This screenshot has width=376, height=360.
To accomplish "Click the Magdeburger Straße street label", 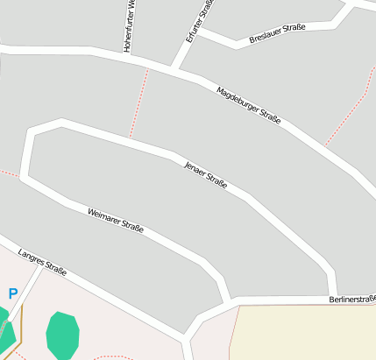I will coord(248,105).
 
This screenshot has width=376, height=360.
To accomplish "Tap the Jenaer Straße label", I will coord(205,174).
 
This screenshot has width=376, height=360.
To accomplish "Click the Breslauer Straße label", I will coord(277,33).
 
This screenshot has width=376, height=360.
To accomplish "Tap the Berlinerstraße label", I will coord(352,299).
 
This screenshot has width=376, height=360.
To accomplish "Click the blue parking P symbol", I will coord(12,294).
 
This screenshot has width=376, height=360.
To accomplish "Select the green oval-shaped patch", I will coord(62,334).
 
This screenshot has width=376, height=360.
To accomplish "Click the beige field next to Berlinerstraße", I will coord(302,333).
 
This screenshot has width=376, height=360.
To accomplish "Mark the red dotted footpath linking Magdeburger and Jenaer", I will coord(138,103).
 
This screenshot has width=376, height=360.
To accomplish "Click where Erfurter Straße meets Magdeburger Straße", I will coord(174,69).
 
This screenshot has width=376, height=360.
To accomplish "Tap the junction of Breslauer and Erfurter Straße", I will coord(200,32).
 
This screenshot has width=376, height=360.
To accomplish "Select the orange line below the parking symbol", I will coord(20,325).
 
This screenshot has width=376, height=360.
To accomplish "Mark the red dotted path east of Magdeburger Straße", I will coord(346,119).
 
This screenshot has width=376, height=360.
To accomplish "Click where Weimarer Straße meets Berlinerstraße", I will coord(229,303).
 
